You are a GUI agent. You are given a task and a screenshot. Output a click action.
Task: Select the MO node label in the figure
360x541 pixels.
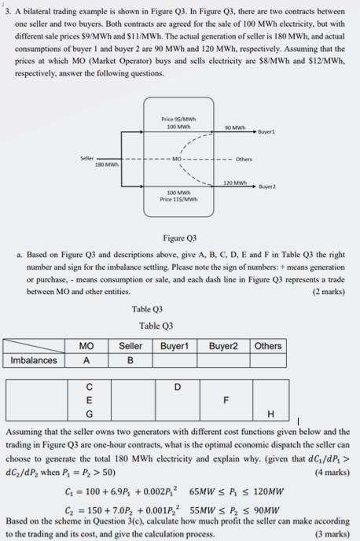178,160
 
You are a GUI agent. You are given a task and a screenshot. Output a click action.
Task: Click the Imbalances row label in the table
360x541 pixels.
34,361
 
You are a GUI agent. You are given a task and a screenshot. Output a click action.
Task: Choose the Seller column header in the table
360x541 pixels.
130,346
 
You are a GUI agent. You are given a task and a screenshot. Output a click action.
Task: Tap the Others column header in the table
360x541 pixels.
268,346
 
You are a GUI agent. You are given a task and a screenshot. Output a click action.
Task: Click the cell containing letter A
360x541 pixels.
87,361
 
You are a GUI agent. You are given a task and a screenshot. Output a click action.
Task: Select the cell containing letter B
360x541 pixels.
130,361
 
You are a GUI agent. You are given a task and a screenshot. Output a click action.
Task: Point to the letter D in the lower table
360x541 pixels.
177,386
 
